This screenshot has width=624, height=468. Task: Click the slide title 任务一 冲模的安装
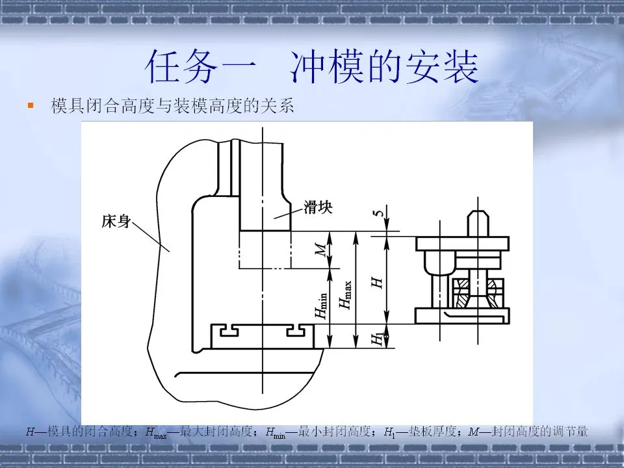coord(312,68)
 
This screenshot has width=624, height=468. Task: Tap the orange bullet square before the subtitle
coord(30,105)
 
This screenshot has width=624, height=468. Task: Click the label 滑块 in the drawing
coord(318,208)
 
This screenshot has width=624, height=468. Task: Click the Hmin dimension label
coord(321,304)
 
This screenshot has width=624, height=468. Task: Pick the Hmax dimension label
coord(346,293)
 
